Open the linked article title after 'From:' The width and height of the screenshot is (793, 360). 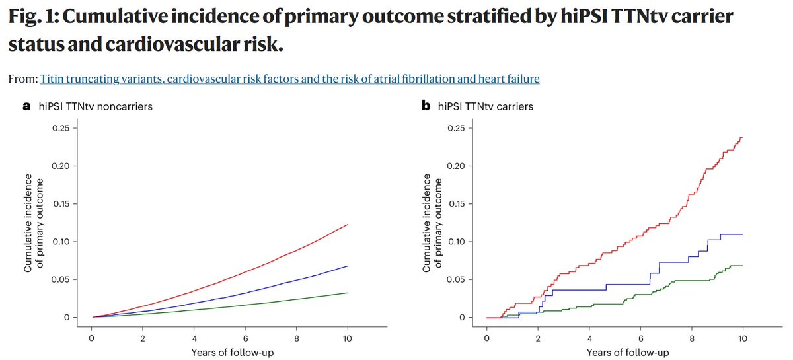289,79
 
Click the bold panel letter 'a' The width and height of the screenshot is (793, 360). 27,106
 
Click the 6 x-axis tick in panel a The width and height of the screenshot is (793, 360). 245,338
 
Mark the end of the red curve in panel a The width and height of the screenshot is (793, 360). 348,225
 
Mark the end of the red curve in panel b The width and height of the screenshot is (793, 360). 742,137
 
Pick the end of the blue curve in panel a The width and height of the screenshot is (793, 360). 348,266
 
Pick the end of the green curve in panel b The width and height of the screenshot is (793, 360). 742,266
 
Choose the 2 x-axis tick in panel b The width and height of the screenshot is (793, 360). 538,338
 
